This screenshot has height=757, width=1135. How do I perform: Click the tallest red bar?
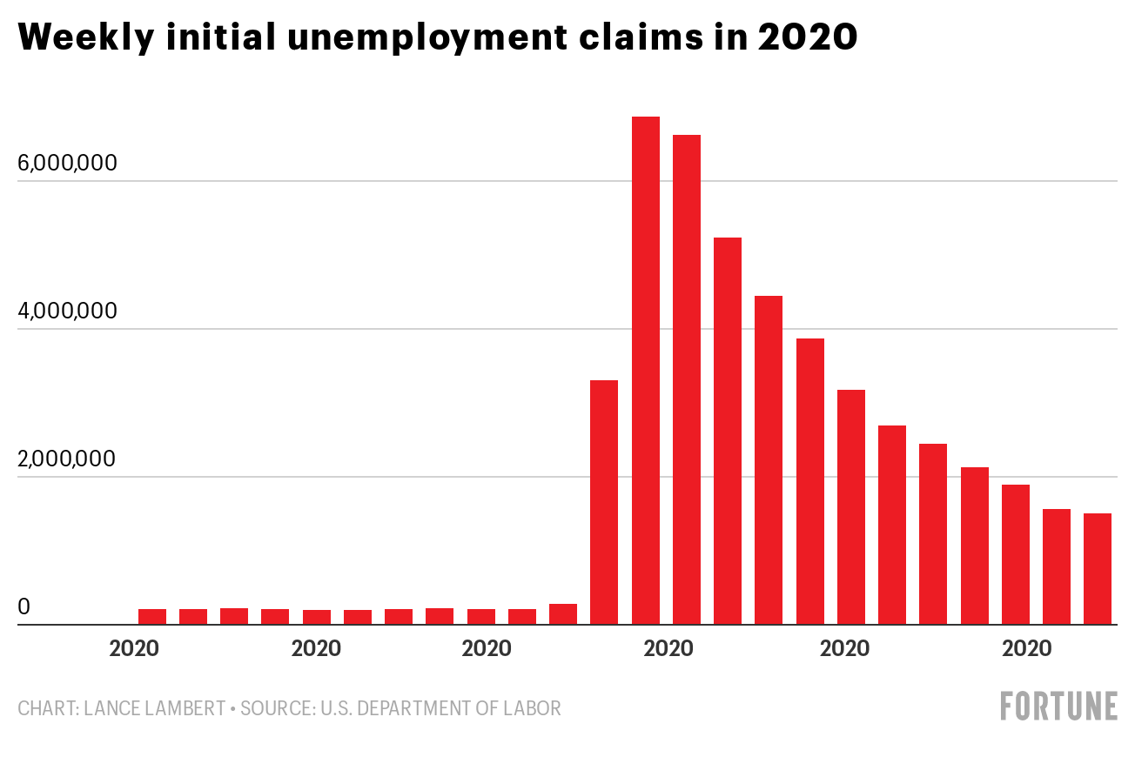pyautogui.click(x=645, y=370)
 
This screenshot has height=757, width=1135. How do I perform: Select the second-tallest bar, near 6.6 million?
pyautogui.click(x=686, y=379)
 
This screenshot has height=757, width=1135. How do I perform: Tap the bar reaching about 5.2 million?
pyautogui.click(x=728, y=431)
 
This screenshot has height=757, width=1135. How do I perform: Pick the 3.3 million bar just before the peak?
pyautogui.click(x=604, y=502)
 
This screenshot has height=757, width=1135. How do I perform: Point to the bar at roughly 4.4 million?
pyautogui.click(x=769, y=460)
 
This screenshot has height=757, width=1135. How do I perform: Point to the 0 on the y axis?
pyautogui.click(x=24, y=606)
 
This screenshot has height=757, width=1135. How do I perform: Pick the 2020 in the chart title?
pyautogui.click(x=808, y=37)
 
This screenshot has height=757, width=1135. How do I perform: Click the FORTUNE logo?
pyautogui.click(x=1058, y=706)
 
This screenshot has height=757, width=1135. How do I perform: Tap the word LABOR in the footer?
pyautogui.click(x=533, y=708)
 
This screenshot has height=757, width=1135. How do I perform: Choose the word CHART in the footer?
pyautogui.click(x=46, y=708)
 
